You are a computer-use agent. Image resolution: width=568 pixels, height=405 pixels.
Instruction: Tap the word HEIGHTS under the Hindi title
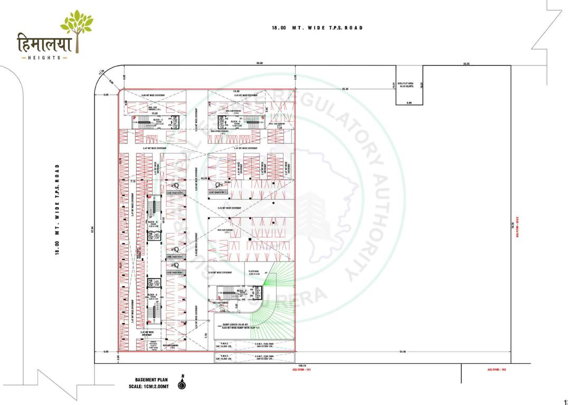tap(45, 57)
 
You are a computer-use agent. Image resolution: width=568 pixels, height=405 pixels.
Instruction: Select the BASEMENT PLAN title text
tap(152, 379)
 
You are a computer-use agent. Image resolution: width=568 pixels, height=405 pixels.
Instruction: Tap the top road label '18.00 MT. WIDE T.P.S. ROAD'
tap(317, 28)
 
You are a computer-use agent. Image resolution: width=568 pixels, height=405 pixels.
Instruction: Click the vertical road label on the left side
tap(56, 210)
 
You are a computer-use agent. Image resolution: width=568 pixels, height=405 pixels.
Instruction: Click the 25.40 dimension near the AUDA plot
tap(345, 89)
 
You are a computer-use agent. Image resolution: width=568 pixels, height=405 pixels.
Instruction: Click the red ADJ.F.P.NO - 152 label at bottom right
tap(496, 370)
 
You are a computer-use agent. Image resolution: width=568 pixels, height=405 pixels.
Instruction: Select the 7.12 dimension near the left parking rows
tap(134, 181)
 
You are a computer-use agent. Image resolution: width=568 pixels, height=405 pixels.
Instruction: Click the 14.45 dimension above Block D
tap(237, 91)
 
